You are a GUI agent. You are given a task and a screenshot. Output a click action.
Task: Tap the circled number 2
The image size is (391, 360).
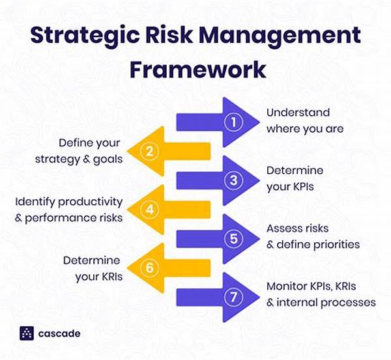click(x=151, y=151)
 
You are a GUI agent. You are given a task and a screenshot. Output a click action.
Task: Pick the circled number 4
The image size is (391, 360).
click(x=151, y=209)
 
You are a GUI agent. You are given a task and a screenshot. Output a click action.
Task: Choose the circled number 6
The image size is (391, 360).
click(x=151, y=268)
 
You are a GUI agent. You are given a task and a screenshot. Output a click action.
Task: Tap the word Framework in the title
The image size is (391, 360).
click(x=195, y=68)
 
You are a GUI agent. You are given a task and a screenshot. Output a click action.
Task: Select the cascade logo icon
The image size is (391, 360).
click(x=27, y=333)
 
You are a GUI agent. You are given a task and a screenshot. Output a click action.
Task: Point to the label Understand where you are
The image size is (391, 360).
click(x=304, y=120)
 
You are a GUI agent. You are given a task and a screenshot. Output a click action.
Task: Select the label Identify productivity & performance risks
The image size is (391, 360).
click(x=68, y=209)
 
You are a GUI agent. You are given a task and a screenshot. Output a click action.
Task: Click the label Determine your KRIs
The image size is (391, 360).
click(x=92, y=267)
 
